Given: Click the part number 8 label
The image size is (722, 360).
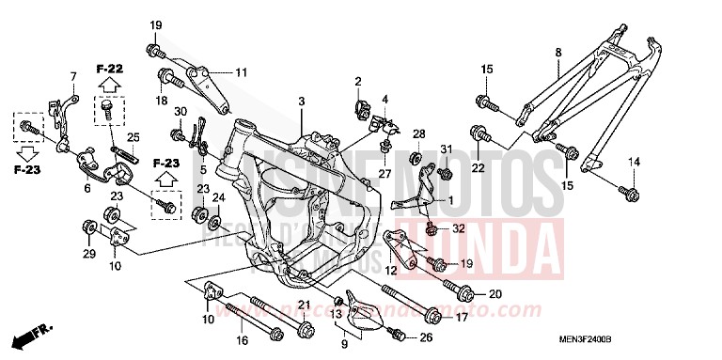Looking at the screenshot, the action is coord(557,52).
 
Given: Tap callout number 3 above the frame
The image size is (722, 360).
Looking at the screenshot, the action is coord(302,101).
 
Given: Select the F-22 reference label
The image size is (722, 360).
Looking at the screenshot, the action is coord(110,69).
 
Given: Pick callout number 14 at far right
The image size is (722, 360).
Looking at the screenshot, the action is coord(634,164).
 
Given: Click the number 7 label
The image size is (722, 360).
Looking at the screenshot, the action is coord(72,75).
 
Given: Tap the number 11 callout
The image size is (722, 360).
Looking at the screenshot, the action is coord(241,71).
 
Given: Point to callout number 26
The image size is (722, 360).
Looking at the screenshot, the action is coord(426,337).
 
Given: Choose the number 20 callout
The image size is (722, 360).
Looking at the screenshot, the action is coord(495,295).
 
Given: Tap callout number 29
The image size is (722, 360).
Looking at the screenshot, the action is coord(87,256).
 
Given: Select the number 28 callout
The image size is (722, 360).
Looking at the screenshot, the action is coord(419,133).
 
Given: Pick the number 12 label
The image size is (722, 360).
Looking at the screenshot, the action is coord(388,270).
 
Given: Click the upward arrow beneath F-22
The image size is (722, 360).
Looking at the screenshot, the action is coord(110,86).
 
